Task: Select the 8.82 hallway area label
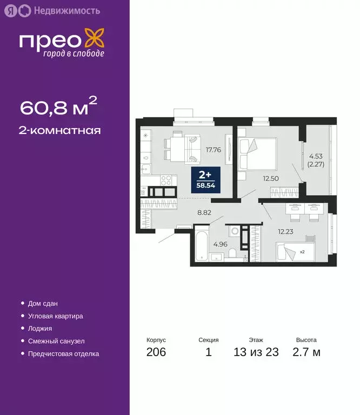[x=204, y=213]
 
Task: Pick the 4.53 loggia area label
[x=316, y=155]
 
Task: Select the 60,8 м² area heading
[x=59, y=107]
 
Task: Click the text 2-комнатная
[x=61, y=130]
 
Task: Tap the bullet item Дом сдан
[x=43, y=304]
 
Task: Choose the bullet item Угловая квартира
[x=55, y=316]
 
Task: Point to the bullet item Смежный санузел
[x=56, y=342]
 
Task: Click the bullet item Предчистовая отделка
[x=63, y=354]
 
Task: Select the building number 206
[x=156, y=353]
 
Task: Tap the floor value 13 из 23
[x=256, y=353]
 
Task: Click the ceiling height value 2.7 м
[x=306, y=353]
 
